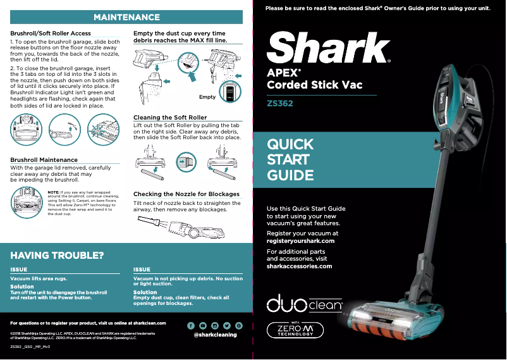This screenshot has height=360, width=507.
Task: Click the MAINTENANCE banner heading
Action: (126, 16)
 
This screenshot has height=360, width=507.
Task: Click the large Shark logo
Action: (328, 47)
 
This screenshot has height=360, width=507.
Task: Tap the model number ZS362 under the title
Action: (280, 102)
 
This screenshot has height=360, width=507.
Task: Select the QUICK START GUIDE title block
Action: (290, 159)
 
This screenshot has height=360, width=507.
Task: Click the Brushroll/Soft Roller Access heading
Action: (51, 33)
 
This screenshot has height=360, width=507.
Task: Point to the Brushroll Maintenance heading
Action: (44, 160)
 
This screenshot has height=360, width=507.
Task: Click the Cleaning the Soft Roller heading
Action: (170, 118)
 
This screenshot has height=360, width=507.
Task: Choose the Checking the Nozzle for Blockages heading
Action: (186, 194)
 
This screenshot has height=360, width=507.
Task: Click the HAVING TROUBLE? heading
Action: (57, 256)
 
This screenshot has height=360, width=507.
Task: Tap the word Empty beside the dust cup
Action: (207, 97)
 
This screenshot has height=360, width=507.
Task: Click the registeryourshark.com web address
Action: (300, 241)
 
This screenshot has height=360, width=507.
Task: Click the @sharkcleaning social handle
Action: (215, 335)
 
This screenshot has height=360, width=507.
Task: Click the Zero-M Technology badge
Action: (295, 330)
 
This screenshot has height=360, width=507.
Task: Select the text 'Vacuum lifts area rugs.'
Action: (39, 278)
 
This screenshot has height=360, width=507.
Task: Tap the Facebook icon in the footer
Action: (191, 325)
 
